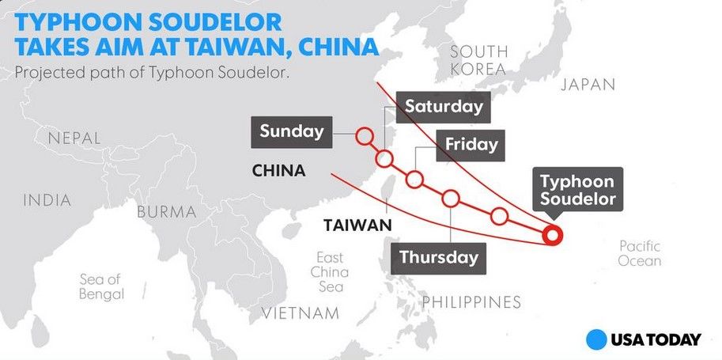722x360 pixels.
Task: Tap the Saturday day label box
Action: coord(443,106)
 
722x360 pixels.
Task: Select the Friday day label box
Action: coord(471,145)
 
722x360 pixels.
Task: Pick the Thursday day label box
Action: coord(438,256)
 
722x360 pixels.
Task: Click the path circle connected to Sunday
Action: coord(364,136)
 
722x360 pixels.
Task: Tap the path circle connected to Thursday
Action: coord(451,198)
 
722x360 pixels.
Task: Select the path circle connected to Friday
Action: coord(414,180)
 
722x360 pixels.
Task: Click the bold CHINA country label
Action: coord(278,171)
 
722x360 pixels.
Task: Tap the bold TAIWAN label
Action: coord(358,225)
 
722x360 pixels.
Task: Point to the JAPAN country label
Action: coord(588,85)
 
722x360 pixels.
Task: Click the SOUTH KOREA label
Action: coord(478,60)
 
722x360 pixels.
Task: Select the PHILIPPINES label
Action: coord(471,301)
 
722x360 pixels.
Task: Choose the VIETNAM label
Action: coord(301,313)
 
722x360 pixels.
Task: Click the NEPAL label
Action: coord(75,138)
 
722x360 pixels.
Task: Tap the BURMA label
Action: coord(166,212)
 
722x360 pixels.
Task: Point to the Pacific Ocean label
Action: coord(640,253)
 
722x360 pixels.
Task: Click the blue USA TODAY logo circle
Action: coord(596,339)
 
